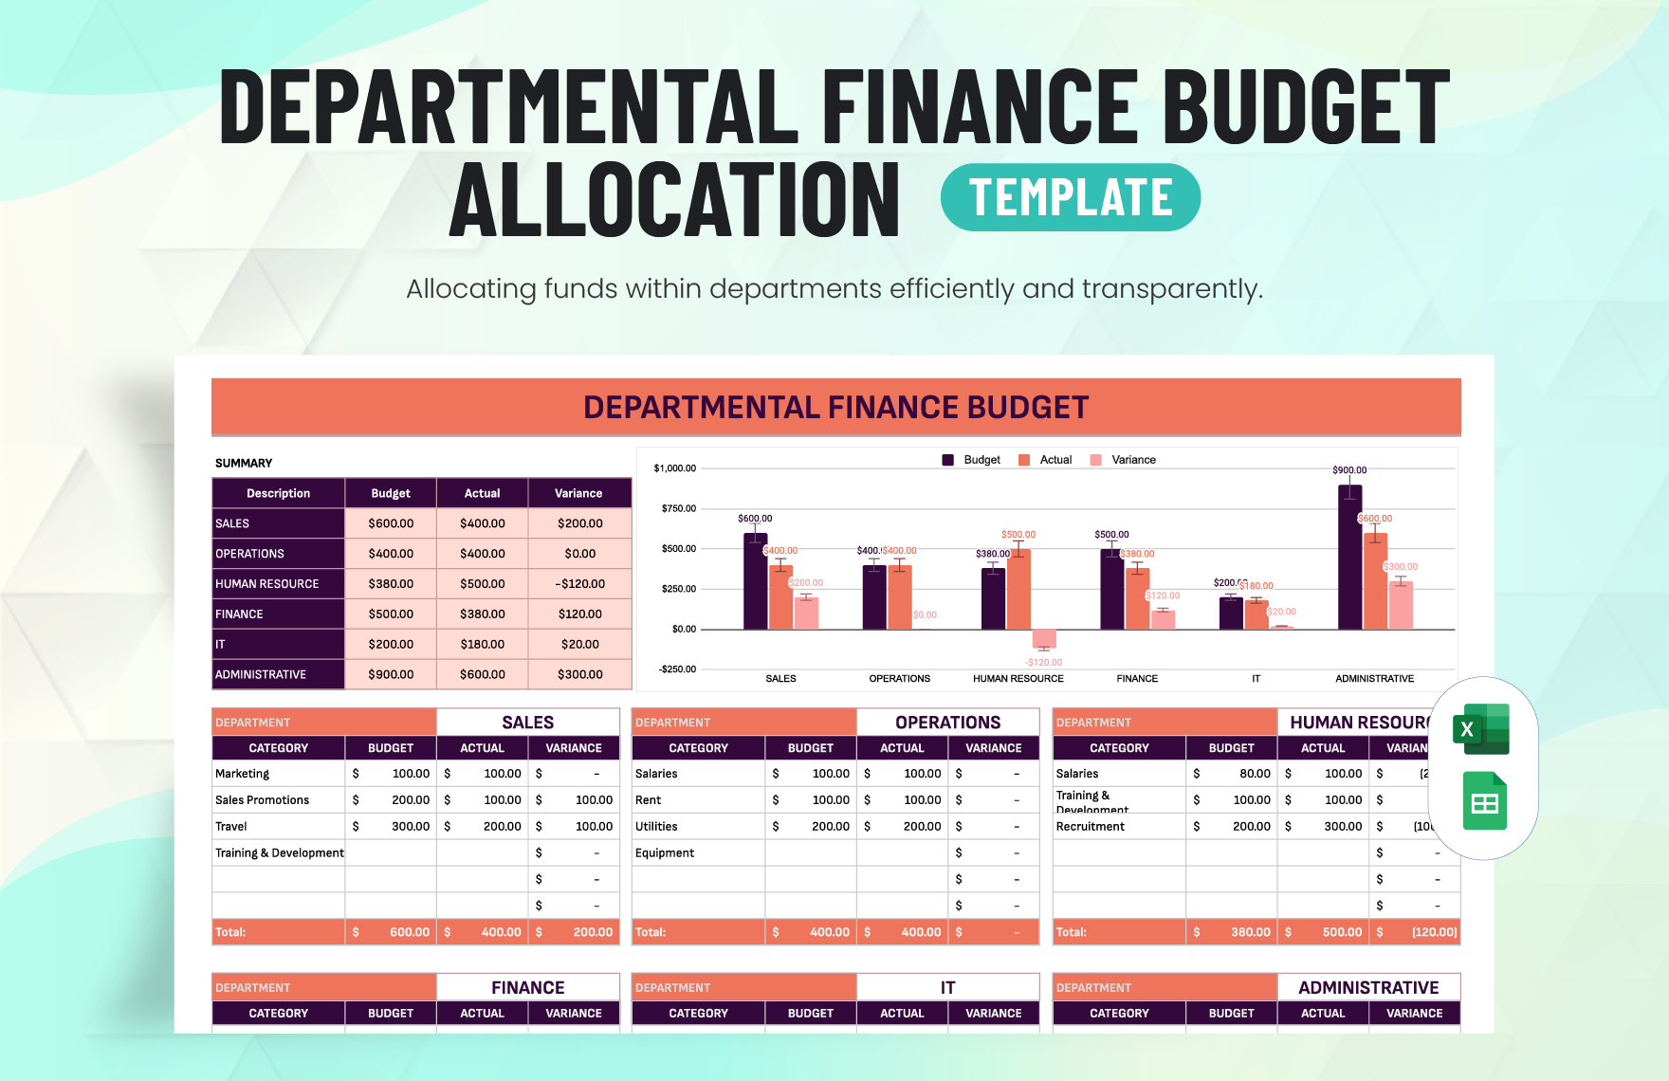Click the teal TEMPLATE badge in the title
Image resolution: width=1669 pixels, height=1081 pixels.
1070,197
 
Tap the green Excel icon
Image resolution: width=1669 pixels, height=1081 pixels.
1481,729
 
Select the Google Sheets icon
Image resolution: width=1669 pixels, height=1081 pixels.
1484,801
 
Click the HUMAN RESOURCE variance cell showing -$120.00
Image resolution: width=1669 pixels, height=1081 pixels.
579,584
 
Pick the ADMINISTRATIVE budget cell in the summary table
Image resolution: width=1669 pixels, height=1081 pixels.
391,674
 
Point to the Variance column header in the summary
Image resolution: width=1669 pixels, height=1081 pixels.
578,493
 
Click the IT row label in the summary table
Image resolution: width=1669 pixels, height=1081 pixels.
221,645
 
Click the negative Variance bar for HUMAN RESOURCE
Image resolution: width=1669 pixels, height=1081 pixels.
1044,638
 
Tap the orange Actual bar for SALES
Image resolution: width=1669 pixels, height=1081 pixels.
780,597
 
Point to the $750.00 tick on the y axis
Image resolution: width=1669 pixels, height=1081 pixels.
678,509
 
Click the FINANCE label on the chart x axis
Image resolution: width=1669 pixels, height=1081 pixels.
1137,679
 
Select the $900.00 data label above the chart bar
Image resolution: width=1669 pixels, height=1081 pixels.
1349,470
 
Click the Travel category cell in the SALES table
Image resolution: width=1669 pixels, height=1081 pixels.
231,827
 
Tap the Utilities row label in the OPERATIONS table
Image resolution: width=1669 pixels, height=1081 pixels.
656,827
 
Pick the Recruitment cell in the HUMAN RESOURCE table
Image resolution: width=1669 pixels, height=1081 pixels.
1091,827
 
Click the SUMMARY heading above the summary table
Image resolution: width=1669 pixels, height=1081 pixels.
244,464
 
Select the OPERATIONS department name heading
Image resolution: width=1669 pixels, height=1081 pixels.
947,723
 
